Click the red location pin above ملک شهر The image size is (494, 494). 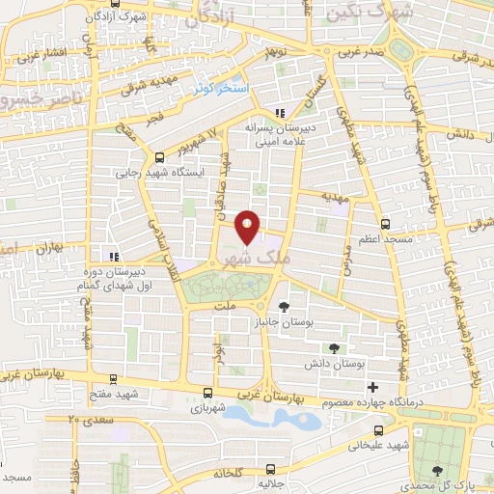pos(248,226)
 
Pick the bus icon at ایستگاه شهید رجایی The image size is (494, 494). pos(159,157)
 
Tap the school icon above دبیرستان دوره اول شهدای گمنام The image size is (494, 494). pos(114,257)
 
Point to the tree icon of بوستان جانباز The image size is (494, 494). pos(282,305)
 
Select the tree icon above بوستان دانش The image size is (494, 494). pos(334,347)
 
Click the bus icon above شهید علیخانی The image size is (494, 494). pos(378,429)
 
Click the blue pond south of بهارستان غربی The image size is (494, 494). pos(280,419)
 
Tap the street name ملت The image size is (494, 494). pos(226,305)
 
